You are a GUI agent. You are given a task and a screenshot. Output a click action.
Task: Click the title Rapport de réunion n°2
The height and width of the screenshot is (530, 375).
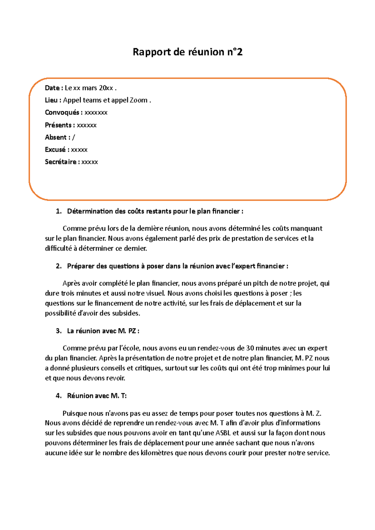coord(187,52)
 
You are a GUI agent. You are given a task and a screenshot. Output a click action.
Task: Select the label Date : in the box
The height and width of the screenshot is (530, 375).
coord(54,88)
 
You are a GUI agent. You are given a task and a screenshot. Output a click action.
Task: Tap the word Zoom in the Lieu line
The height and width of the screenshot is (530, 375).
coord(138,100)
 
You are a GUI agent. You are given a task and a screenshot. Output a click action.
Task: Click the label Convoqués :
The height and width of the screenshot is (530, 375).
coord(63,112)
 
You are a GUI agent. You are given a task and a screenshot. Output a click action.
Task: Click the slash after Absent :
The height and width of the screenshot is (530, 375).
coord(73,137)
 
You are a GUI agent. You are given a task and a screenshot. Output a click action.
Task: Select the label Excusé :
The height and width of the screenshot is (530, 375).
coord(57,150)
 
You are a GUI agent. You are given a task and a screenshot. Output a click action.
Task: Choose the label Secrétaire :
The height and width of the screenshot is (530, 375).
coord(62,162)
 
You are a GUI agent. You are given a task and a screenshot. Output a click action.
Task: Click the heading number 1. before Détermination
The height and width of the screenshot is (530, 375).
coord(58,211)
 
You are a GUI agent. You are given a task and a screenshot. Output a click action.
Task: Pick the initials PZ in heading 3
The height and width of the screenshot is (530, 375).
coord(132,331)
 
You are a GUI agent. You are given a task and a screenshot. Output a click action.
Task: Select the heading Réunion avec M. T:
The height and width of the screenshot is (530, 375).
coord(97,396)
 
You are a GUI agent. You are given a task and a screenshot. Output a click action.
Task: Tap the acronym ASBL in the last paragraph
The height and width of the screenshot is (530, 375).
coord(223,433)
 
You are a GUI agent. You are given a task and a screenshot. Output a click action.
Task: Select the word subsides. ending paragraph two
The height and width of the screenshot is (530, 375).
coord(126,313)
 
